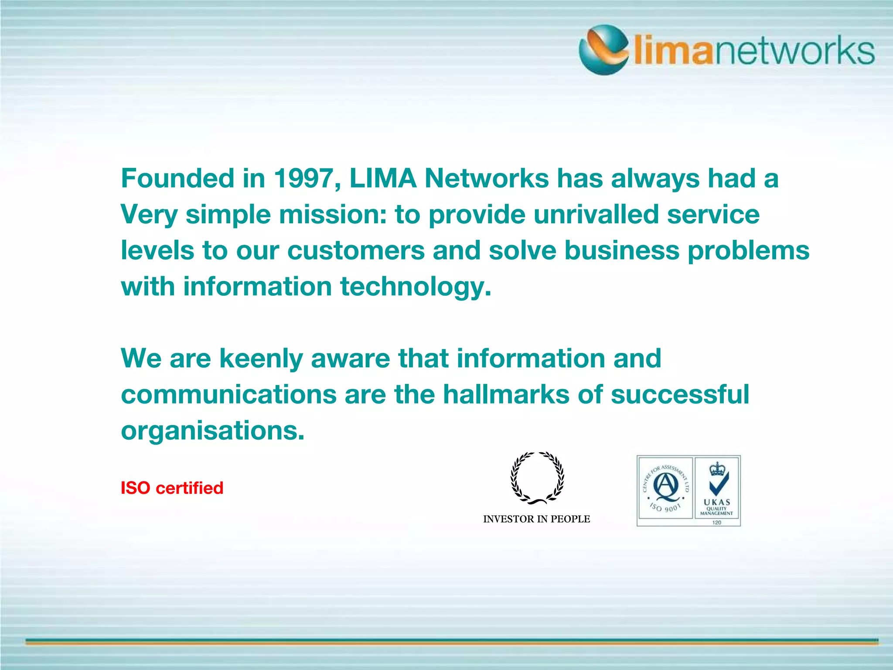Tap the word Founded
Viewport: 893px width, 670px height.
click(178, 178)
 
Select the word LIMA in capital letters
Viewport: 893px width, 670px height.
click(383, 178)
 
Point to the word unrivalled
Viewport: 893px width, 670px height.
click(596, 215)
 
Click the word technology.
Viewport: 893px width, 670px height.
click(416, 287)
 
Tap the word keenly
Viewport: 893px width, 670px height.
click(261, 359)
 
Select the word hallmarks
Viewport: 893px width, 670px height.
click(506, 394)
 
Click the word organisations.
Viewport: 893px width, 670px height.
click(212, 431)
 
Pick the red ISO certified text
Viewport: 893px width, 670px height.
click(172, 488)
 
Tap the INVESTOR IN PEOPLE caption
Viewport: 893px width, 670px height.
click(536, 519)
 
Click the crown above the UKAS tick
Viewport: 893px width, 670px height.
click(717, 469)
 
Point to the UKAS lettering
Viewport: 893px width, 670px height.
click(717, 502)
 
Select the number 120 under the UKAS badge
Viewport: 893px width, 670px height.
click(717, 522)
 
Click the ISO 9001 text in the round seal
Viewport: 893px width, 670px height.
click(665, 508)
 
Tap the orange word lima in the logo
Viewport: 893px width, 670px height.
click(672, 51)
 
